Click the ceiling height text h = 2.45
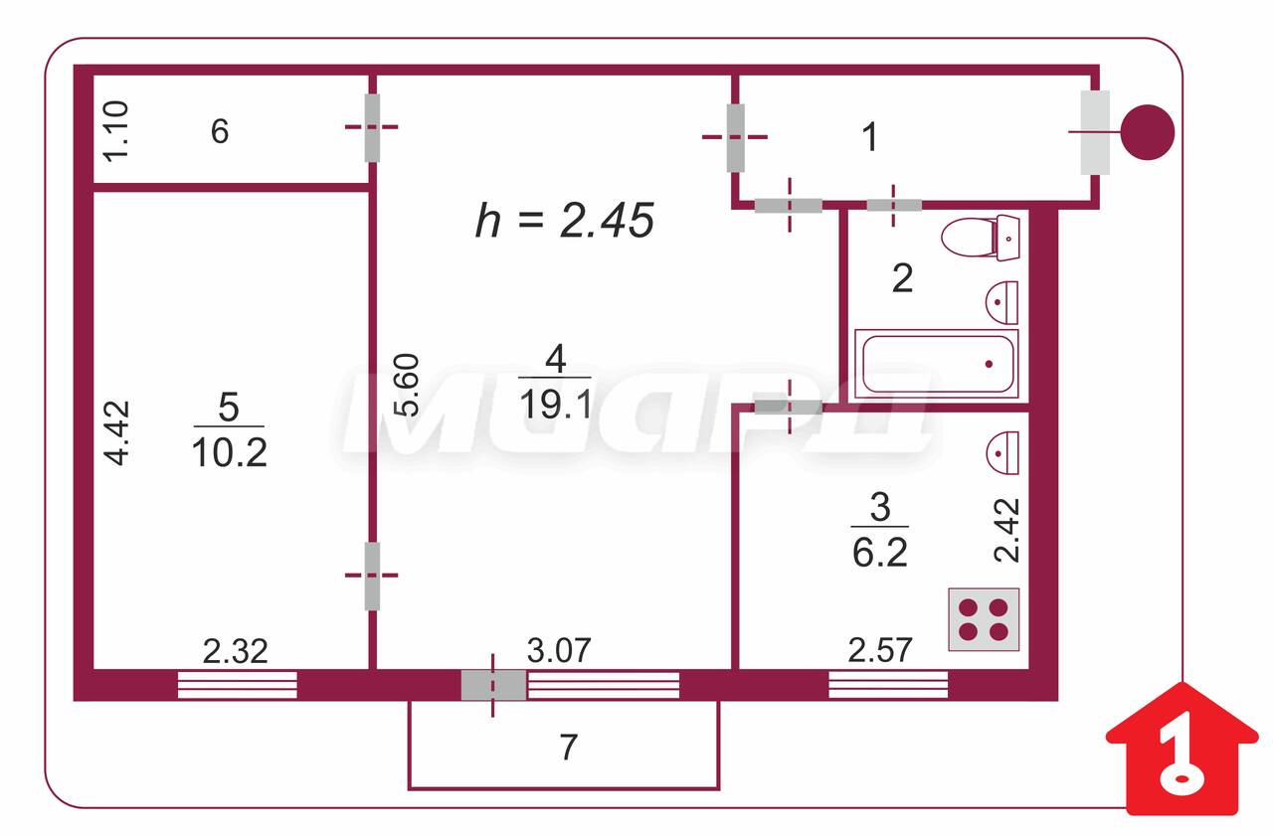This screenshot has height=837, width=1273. click(x=564, y=221)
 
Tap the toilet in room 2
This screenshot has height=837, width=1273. click(x=981, y=238)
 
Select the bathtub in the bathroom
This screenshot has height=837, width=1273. click(x=937, y=364)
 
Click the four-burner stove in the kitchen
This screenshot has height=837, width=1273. click(x=984, y=619)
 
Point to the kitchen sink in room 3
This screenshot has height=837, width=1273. click(x=1003, y=452)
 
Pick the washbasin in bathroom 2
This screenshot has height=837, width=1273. click(x=1001, y=302)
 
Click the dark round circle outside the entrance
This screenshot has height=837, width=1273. click(x=1148, y=132)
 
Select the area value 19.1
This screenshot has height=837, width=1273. click(x=555, y=405)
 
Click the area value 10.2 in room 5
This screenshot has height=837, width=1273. click(x=229, y=452)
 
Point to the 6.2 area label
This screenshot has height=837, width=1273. click(x=880, y=552)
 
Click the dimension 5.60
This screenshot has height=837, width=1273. click(x=407, y=385)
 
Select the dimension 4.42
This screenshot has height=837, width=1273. click(x=117, y=433)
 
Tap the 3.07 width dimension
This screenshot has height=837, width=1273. click(x=559, y=651)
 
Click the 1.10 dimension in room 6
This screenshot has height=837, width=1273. click(x=116, y=131)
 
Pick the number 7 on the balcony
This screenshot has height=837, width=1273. click(x=568, y=748)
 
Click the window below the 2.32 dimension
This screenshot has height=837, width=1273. click(x=238, y=685)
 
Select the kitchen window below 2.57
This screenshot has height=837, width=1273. click(x=888, y=685)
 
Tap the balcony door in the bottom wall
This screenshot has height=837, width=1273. click(x=493, y=685)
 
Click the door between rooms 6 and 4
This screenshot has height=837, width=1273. click(x=372, y=128)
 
